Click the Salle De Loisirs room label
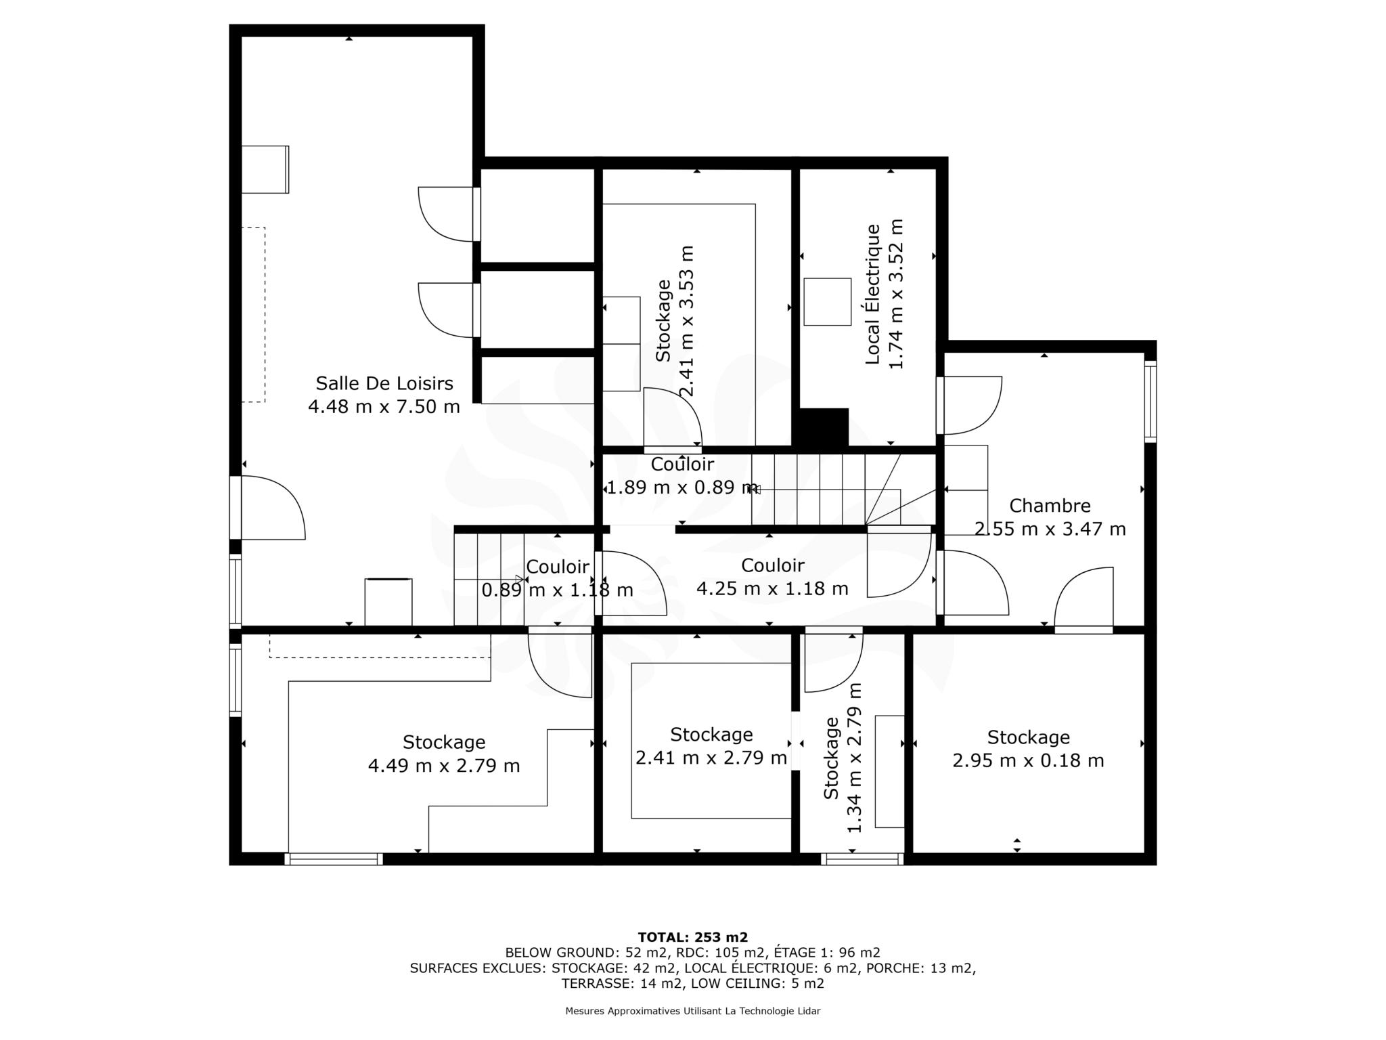click(x=384, y=383)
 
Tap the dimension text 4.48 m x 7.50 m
click(x=384, y=407)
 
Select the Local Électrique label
click(x=873, y=295)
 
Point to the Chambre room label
click(x=1050, y=506)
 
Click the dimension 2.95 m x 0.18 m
click(x=1028, y=761)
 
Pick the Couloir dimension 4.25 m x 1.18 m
click(x=772, y=589)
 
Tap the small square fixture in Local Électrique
click(x=827, y=302)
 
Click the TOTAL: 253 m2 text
click(x=693, y=937)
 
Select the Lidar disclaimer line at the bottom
click(x=693, y=1011)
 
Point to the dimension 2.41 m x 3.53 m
click(x=686, y=321)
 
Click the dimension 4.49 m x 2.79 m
click(x=444, y=766)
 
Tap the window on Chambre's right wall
click(x=1150, y=402)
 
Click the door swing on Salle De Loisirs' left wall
click(x=273, y=508)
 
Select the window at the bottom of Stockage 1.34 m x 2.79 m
click(x=862, y=859)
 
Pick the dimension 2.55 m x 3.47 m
click(x=1050, y=529)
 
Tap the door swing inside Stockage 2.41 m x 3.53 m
click(x=672, y=418)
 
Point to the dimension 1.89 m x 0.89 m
click(x=682, y=487)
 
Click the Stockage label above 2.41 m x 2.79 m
click(x=711, y=735)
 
